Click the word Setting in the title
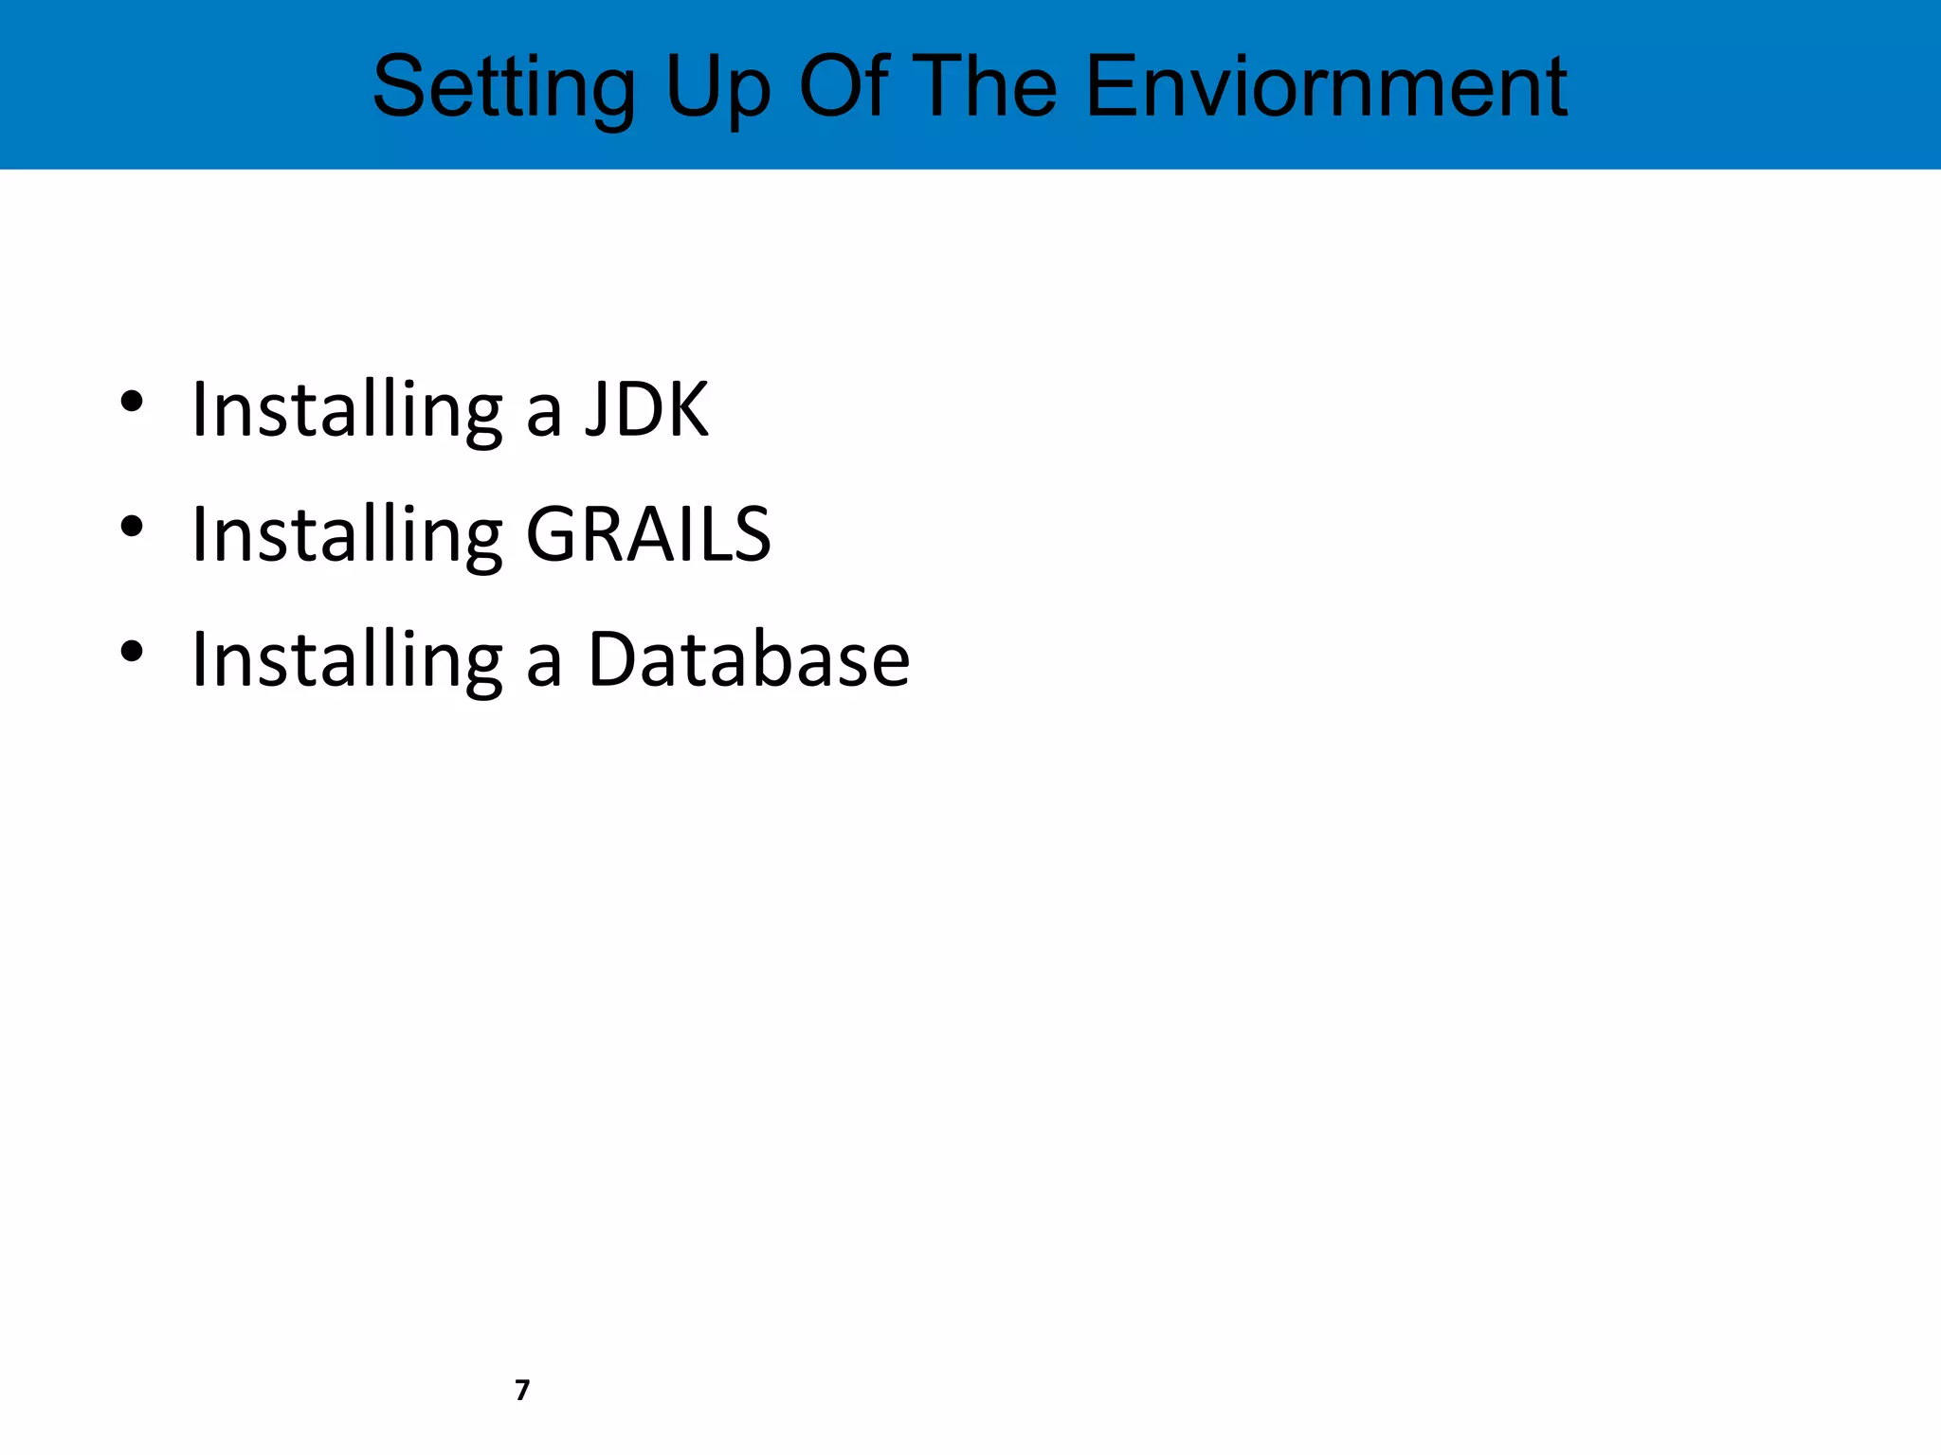pos(503,88)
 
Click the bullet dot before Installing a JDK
pos(132,402)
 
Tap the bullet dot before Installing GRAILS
pos(132,527)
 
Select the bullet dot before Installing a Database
pos(132,652)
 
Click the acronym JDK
pos(646,409)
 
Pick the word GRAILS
pos(648,534)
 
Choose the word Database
pos(749,659)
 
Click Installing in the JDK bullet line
pos(347,409)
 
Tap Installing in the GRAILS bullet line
pos(347,534)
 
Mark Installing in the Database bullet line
pos(347,659)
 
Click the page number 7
pos(522,1390)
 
